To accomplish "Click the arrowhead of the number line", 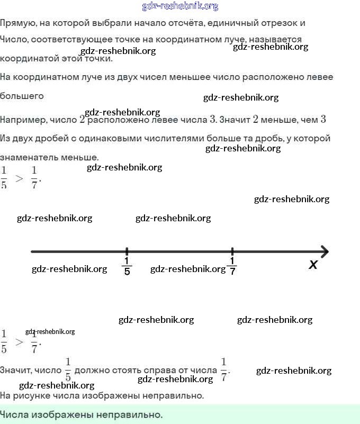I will coord(324,251).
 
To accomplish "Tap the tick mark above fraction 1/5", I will coord(127,251).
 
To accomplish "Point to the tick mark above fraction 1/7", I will coord(232,251).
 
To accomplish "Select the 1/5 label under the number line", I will coord(127,266).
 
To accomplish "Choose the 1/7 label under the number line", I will coord(232,266).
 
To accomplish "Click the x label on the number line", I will coord(313,265).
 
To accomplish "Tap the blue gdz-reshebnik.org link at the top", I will coord(180,6).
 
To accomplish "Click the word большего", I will coord(22,96).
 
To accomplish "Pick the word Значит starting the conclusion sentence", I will coord(15,370).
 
